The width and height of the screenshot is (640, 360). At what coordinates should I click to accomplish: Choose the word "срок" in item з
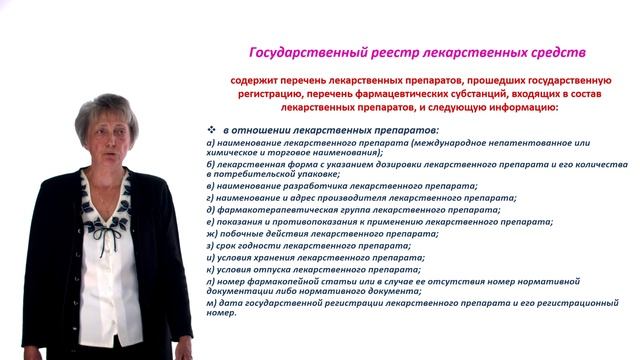point(222,245)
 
